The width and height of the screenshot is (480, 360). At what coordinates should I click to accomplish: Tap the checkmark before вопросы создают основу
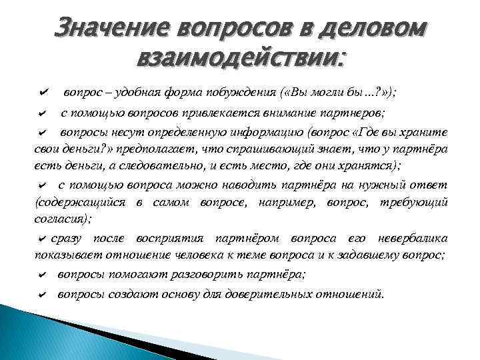(x=42, y=293)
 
